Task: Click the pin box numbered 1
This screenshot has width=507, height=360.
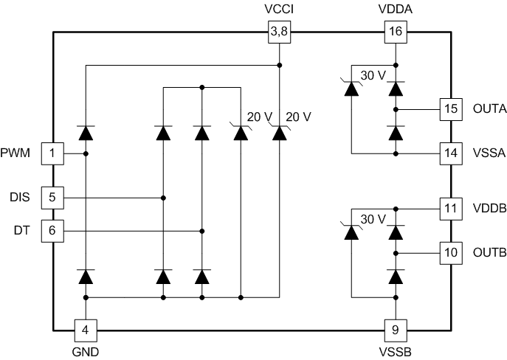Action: tap(52, 153)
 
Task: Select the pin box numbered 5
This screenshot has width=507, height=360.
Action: tap(52, 198)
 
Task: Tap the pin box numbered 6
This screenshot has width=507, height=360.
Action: tap(52, 230)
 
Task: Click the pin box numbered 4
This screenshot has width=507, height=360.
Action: tap(86, 330)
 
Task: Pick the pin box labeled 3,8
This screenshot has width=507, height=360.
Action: tap(278, 32)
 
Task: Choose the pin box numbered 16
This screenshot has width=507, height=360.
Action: tap(396, 32)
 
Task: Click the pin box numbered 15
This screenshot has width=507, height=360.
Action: tap(450, 109)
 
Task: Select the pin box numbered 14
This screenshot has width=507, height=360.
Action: tap(450, 153)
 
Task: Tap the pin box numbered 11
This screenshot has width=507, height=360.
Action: tap(450, 209)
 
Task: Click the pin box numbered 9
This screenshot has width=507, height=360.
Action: tap(396, 330)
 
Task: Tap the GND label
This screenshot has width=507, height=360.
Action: tap(86, 352)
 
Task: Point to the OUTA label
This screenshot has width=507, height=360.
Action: tap(489, 109)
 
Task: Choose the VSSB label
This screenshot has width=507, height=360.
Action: tap(396, 352)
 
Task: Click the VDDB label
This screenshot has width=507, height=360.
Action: tap(489, 209)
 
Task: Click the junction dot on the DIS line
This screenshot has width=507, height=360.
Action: tap(163, 198)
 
